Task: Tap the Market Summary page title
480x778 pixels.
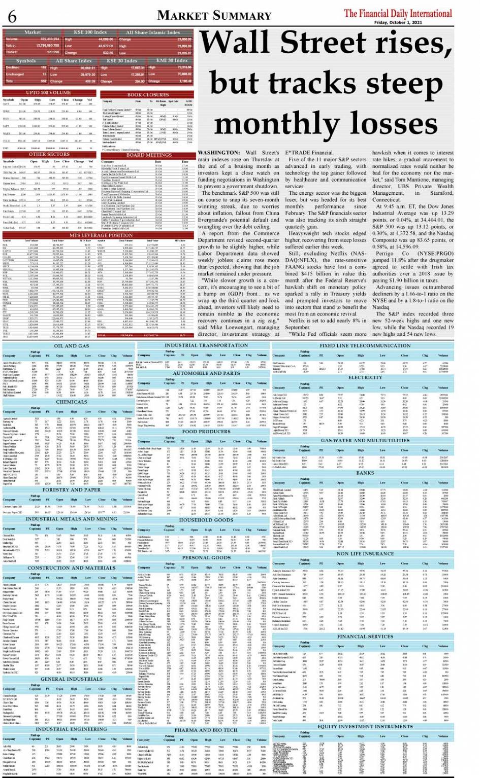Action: pyautogui.click(x=221, y=15)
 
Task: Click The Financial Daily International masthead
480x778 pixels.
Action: pyautogui.click(x=398, y=13)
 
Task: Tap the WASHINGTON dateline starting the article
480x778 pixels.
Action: pyautogui.click(x=218, y=153)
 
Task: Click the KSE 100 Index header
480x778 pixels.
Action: pyautogui.click(x=90, y=32)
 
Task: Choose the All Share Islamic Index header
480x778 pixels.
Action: pyautogui.click(x=153, y=32)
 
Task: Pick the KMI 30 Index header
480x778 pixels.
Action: pyautogui.click(x=172, y=60)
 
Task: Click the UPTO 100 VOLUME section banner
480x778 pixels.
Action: pyautogui.click(x=49, y=93)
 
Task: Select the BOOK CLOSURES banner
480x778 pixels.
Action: pyautogui.click(x=148, y=95)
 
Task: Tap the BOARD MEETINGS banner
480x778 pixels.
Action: pyautogui.click(x=149, y=155)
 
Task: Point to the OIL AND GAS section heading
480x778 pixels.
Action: pyautogui.click(x=71, y=346)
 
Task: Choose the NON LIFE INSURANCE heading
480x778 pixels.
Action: pyautogui.click(x=365, y=553)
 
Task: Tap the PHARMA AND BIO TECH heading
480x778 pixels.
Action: pyautogui.click(x=206, y=730)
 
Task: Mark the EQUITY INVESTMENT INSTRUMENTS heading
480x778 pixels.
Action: pyautogui.click(x=364, y=726)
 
